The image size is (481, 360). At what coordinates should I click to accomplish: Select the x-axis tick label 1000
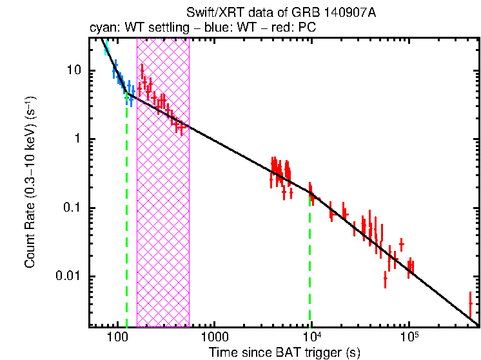coord(214,339)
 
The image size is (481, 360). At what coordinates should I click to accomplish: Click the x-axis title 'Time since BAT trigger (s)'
coord(284,353)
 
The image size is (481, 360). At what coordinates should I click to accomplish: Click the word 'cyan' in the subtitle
coord(101,28)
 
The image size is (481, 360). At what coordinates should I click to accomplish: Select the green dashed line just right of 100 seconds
coord(126,213)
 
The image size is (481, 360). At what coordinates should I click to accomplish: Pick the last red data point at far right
coord(470,302)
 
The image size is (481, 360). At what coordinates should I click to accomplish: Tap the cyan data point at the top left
coord(107,49)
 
